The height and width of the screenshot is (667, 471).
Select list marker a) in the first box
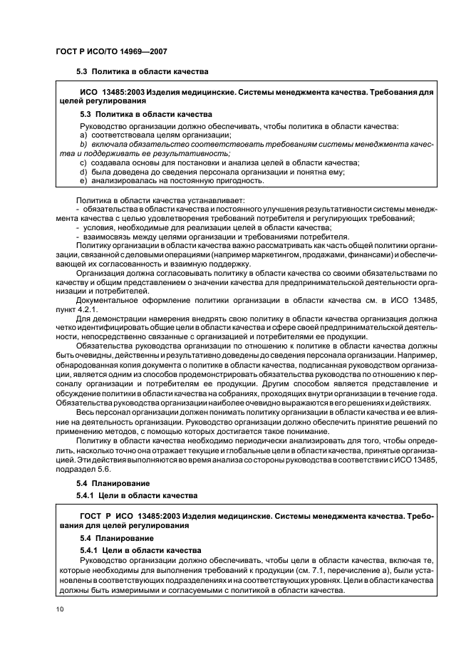83,135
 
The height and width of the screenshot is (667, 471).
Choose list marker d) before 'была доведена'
83,172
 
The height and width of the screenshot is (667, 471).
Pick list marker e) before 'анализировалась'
83,181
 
